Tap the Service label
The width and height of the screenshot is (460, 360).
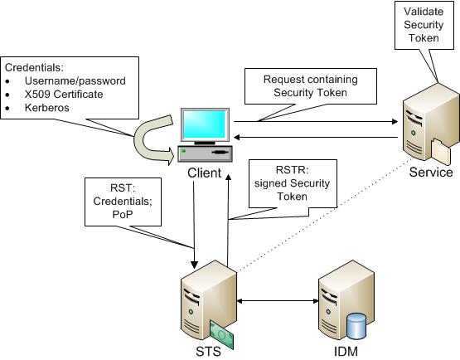431,173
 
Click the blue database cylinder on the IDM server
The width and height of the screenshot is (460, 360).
356,325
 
